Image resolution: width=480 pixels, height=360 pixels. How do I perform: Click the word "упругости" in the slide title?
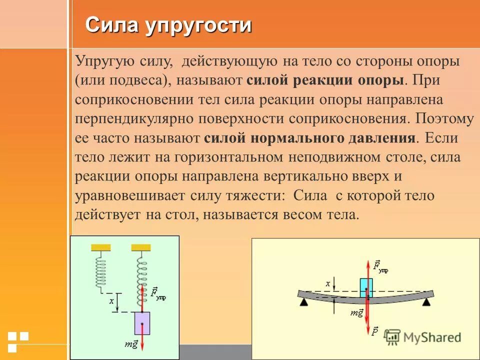199,25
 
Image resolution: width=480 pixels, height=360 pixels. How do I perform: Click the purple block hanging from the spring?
142,322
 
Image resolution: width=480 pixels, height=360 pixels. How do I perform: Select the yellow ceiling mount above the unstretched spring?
100,247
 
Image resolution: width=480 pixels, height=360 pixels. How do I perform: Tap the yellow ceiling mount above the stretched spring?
141,247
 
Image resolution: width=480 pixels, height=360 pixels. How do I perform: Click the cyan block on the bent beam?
366,287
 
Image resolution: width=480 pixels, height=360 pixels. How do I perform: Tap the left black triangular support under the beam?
303,302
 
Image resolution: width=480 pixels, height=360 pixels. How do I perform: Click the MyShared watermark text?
432,337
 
